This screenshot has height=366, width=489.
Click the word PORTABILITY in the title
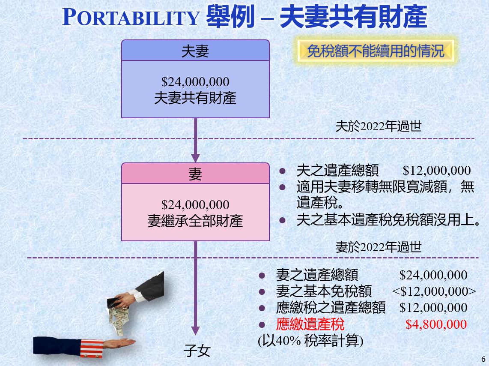131,17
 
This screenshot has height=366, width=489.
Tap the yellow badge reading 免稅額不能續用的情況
376,51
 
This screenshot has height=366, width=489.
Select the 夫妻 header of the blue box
195,51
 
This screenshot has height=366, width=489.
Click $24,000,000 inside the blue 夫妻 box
195,82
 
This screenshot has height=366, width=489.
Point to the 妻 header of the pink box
195,174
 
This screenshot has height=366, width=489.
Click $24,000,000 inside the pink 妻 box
195,205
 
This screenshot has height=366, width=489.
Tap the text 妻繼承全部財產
195,221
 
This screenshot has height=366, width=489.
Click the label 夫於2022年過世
379,126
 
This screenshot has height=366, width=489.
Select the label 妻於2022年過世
379,247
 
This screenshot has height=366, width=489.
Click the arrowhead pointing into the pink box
196,158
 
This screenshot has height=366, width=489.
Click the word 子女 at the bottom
197,351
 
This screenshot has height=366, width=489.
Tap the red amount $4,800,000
436,324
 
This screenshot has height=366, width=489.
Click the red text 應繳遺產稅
310,324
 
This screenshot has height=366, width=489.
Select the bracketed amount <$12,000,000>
434,291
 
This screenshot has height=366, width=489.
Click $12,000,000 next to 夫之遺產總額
437,171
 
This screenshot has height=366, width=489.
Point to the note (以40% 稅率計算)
310,340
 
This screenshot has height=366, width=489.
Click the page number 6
483,359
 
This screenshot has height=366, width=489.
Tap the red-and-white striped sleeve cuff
92,348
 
